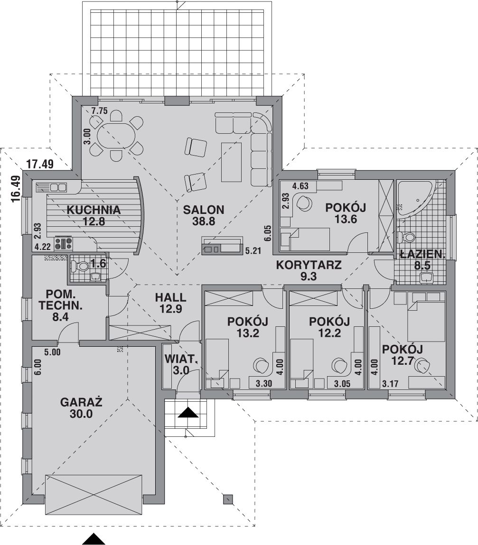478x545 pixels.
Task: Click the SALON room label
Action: tap(204, 210)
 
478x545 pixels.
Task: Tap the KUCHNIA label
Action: tap(94, 210)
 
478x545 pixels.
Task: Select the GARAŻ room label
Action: tap(81, 402)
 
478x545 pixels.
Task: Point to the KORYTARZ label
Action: tap(309, 265)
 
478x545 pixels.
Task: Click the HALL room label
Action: tap(170, 297)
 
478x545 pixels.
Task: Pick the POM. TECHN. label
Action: tap(61, 300)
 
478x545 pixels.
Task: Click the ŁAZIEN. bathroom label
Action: tap(422, 254)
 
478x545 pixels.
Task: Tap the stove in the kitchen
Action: tap(63, 243)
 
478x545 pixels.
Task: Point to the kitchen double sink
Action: tap(51, 187)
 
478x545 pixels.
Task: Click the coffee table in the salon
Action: tap(231, 162)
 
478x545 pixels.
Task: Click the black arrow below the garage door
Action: tap(94, 539)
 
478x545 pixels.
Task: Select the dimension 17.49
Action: tap(40, 164)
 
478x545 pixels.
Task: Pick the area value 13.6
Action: tap(346, 219)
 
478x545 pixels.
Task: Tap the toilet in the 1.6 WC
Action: tap(80, 267)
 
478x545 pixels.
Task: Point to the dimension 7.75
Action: tap(100, 111)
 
